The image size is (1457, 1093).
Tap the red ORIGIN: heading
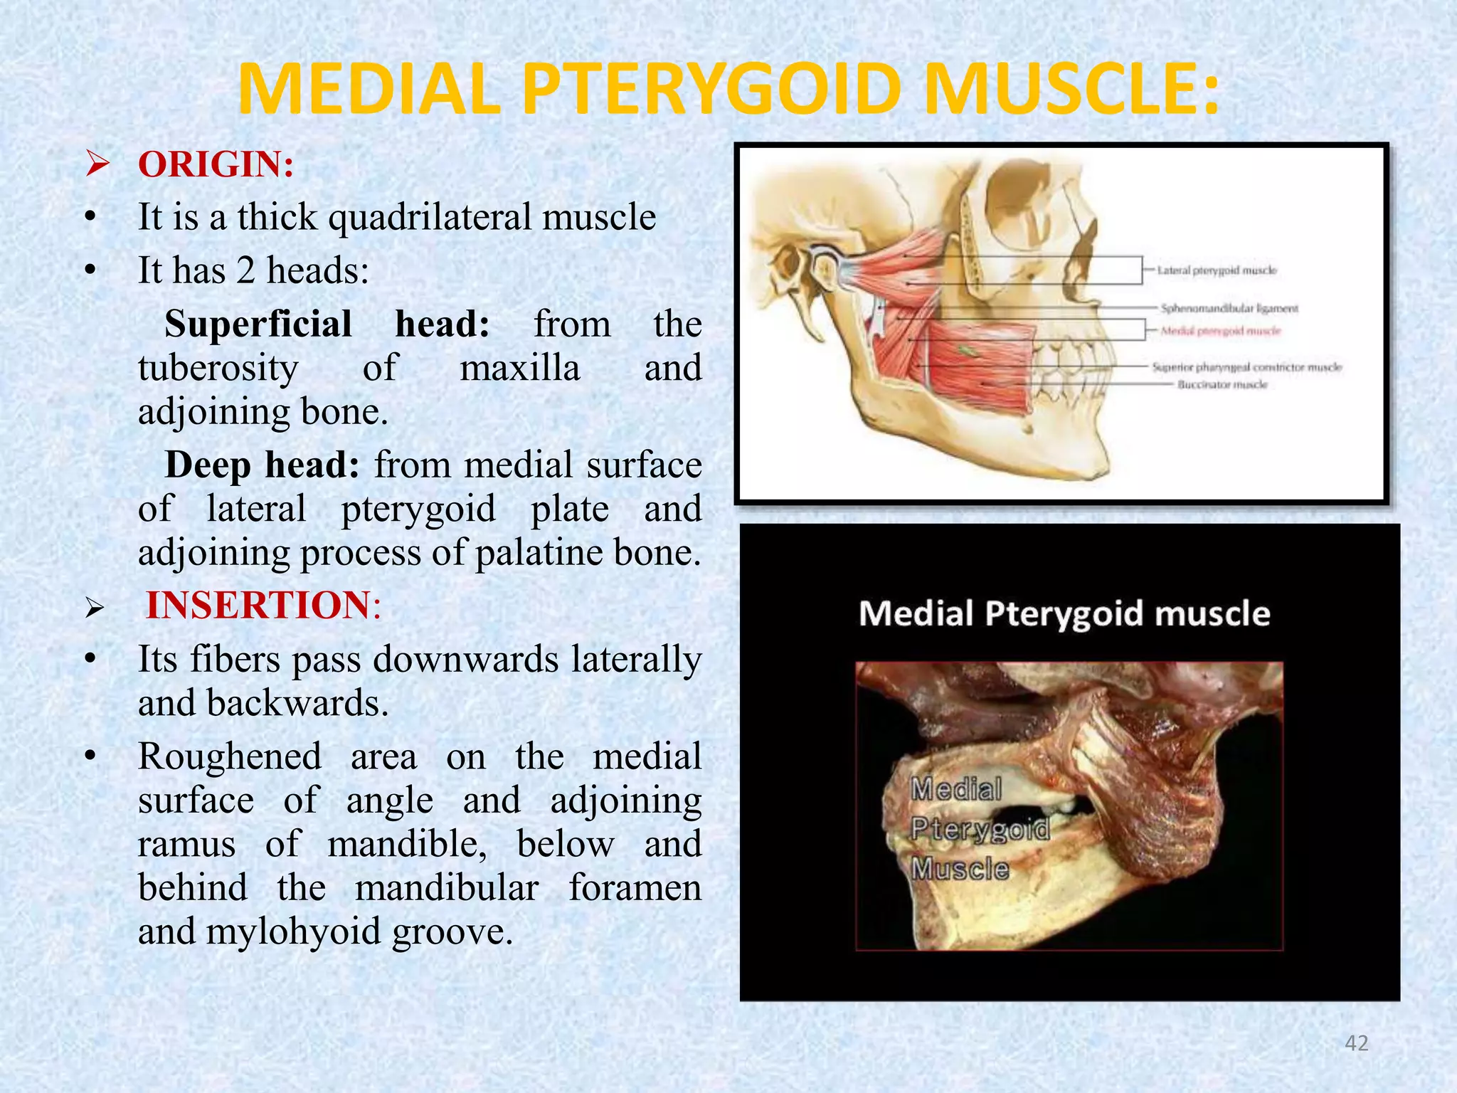pos(216,164)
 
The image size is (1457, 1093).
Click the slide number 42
pos(1357,1043)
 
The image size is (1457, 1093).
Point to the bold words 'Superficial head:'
pos(327,324)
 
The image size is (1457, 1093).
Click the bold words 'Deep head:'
pos(262,465)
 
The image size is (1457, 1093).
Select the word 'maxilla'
pos(519,368)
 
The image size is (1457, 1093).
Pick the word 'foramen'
pos(635,887)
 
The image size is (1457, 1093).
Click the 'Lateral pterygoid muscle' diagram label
pos(1217,270)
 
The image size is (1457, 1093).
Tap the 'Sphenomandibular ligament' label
pos(1229,309)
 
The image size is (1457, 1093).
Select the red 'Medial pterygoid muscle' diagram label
pos(1221,331)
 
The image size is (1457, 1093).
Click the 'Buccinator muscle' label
pos(1222,385)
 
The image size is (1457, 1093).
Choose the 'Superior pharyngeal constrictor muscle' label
pos(1246,367)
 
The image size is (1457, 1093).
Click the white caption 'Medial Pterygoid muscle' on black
pos(1064,613)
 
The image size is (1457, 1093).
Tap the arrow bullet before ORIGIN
pos(96,165)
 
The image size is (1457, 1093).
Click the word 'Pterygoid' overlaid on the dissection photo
pos(980,829)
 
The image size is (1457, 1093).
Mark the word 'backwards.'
pos(298,703)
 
